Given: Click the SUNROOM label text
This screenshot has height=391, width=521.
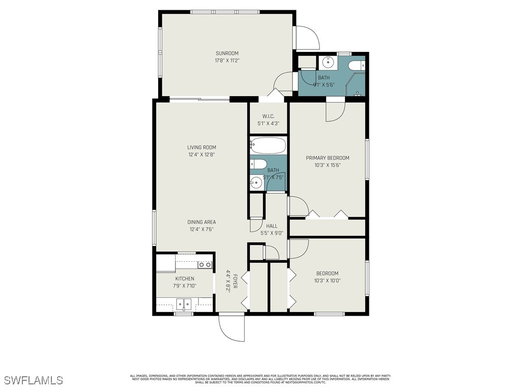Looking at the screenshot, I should tap(227, 53).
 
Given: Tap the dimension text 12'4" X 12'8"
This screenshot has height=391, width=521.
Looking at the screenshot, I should tap(201, 155).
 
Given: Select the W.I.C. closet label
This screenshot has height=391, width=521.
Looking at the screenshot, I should tap(268, 116).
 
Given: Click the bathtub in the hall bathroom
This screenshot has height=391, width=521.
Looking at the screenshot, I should tap(268, 146).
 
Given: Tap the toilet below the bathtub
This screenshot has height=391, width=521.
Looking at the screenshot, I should tap(258, 164).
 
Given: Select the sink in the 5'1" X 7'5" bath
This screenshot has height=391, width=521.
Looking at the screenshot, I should tap(256, 182).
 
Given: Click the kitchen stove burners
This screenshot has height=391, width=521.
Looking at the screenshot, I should tap(205, 265).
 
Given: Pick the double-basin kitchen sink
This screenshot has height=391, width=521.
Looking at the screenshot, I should tap(184, 305).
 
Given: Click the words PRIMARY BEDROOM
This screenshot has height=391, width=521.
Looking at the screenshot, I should tap(328, 158).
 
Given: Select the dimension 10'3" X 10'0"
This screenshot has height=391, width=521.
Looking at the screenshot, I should tap(327, 281).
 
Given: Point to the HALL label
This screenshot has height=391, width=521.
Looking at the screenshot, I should tap(272, 226).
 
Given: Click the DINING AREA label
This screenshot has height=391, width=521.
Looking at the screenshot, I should tap(201, 222).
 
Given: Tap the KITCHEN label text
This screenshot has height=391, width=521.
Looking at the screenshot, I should tap(185, 278).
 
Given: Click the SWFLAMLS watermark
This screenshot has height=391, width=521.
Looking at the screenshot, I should tap(34, 380).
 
